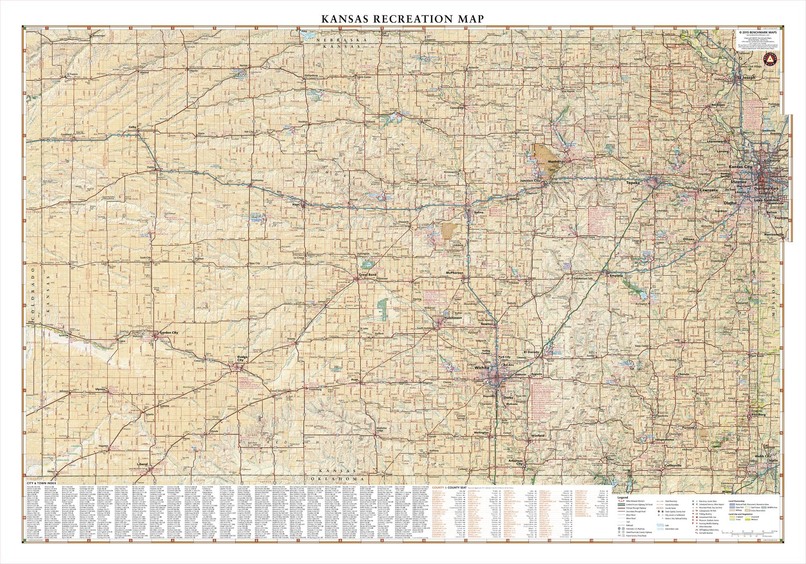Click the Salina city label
point(479,212)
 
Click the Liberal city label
point(143,465)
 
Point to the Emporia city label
point(616,276)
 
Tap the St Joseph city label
point(746,78)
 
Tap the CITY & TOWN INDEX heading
point(37,483)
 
